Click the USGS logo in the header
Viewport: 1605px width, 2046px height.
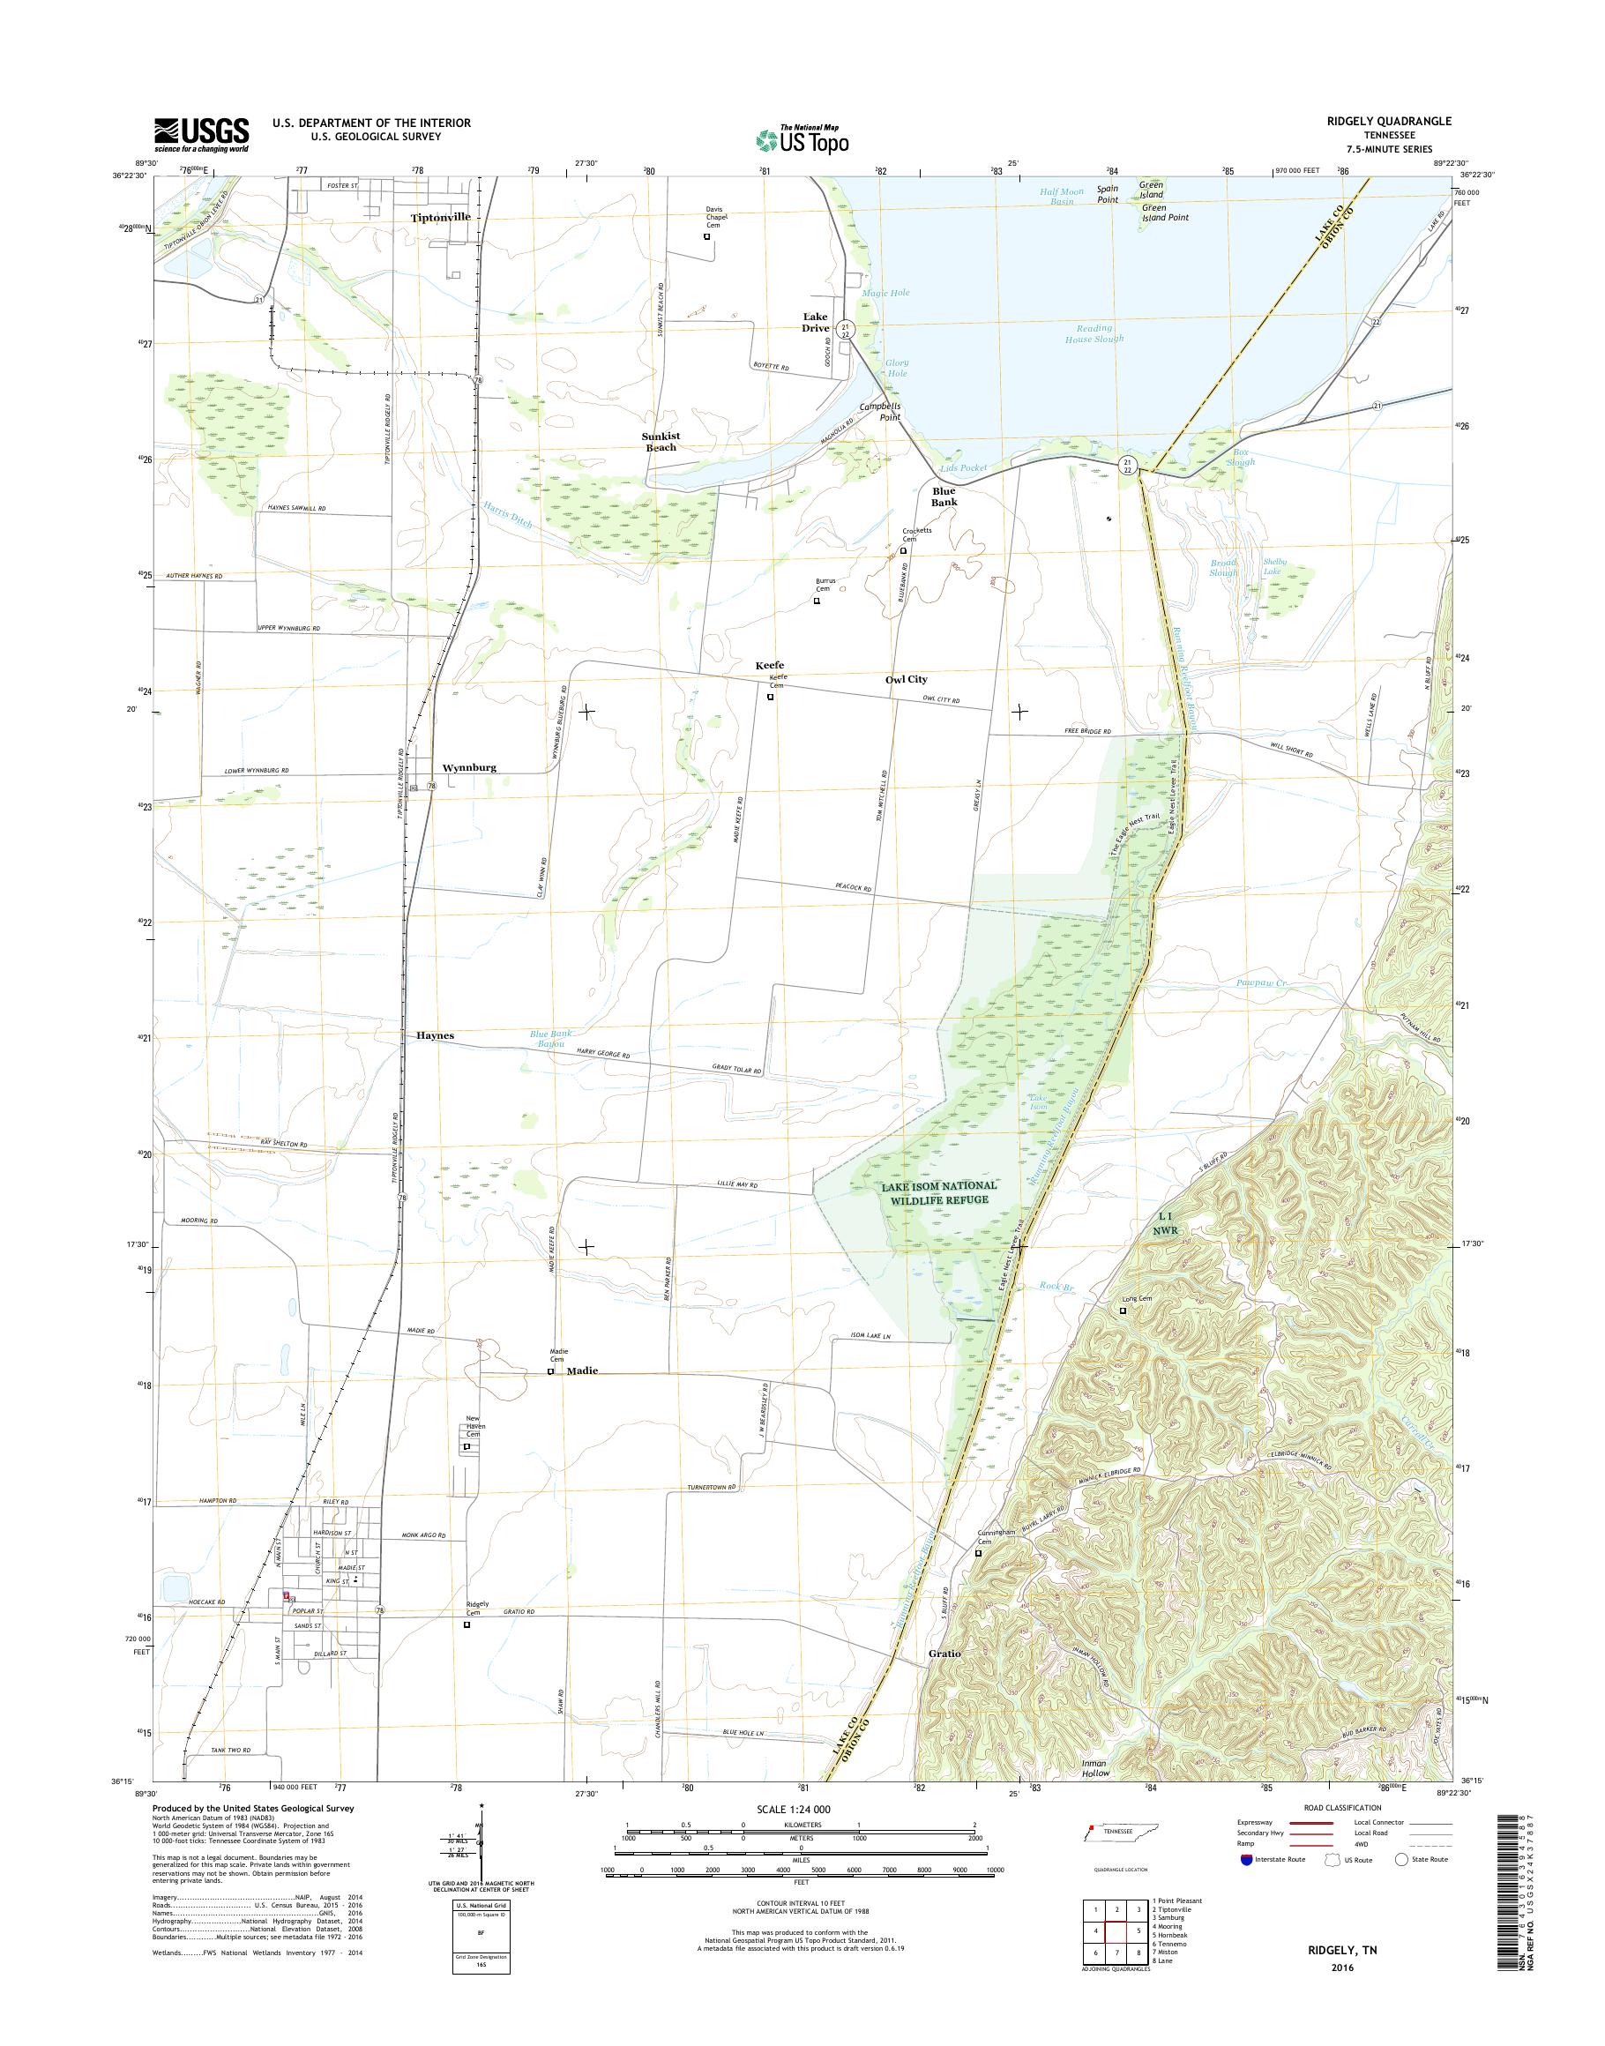click(x=201, y=134)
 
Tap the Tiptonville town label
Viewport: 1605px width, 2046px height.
click(x=440, y=216)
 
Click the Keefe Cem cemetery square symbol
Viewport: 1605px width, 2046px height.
click(x=771, y=698)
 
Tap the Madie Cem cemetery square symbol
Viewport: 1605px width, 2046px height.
click(x=551, y=1371)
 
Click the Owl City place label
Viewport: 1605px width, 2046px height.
click(x=906, y=678)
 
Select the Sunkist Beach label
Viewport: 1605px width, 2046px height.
click(x=661, y=442)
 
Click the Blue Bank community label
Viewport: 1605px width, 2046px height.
click(x=944, y=497)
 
